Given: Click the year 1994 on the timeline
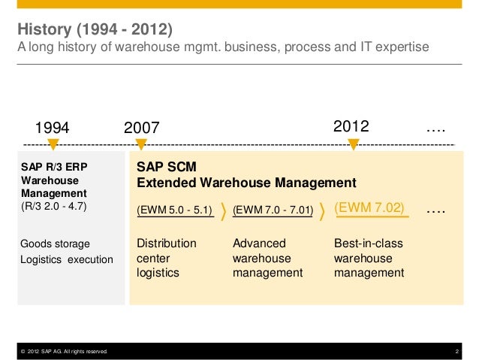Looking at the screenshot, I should coord(53,129).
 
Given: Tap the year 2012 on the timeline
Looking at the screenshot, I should coord(351,126).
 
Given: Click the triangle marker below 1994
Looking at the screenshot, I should coord(53,144).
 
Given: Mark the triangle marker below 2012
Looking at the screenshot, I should coord(353,144).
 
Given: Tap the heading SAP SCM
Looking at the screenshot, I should coord(165,166).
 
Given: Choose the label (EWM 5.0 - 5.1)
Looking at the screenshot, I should coord(174,210).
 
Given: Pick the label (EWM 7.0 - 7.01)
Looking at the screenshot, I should coord(273,210).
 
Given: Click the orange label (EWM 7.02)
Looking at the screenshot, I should coord(369,208).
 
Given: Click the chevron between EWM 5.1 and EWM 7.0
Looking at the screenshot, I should coord(224,210).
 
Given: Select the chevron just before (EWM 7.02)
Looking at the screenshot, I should coord(324,210).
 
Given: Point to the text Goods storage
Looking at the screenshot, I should coord(56,244).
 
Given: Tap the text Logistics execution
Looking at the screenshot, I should coord(66,259).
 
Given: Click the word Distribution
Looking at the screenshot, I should coord(166,244).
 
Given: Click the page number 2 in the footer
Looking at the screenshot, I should coord(456,351).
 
